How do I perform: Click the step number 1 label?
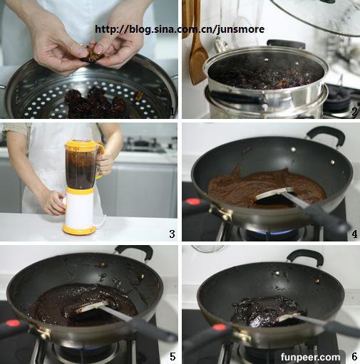[173, 112]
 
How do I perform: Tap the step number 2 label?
[354, 112]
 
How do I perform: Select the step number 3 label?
[173, 234]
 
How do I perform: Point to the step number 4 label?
[354, 234]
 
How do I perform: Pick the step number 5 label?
[173, 356]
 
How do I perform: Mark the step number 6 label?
[354, 356]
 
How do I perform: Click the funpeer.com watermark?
[310, 357]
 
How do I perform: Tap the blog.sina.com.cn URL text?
[180, 29]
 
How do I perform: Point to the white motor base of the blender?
[80, 212]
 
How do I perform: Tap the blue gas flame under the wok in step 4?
[273, 232]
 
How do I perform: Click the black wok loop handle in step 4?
[326, 135]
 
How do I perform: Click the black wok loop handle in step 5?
[134, 251]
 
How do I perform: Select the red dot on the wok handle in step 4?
[192, 202]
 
